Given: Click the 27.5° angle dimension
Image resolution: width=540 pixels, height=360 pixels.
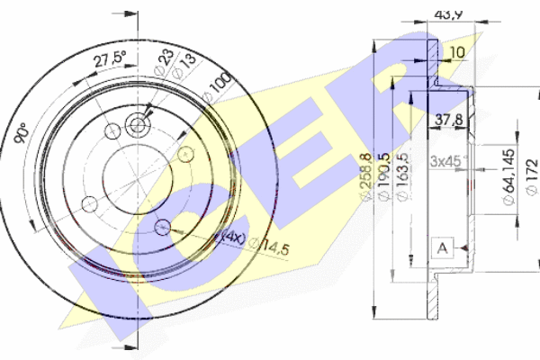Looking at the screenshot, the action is (111, 61).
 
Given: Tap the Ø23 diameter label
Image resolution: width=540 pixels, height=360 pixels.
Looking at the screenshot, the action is (165, 64).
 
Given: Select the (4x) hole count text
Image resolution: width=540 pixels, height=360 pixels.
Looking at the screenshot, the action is (232, 238).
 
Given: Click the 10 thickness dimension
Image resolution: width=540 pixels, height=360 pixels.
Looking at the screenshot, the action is (457, 52).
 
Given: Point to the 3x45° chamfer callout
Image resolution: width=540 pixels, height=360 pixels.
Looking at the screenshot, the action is (447, 161).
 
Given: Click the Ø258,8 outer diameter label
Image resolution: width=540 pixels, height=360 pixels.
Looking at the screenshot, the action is (364, 175).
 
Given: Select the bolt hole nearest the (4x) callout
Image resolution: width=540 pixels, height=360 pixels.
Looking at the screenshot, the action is (163, 225).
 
